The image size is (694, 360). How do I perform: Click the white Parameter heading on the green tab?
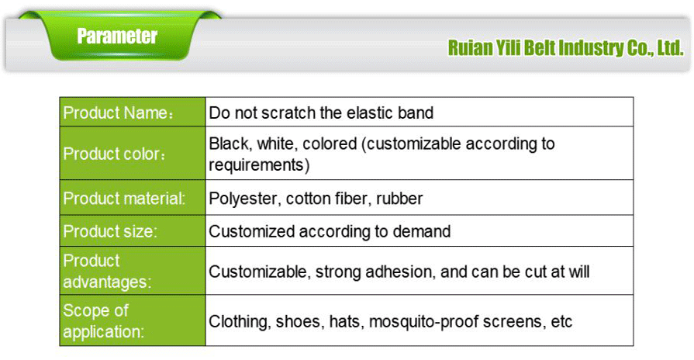117,36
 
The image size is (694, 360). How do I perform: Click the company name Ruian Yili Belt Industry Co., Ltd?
565,48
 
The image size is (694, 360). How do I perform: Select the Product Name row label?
117,113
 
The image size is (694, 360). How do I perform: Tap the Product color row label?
115,154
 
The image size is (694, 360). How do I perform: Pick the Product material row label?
124,199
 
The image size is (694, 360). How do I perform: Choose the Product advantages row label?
107,272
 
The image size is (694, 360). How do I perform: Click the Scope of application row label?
103,321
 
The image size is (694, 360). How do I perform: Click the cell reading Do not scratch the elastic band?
321,113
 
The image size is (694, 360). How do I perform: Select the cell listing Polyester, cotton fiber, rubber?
316,199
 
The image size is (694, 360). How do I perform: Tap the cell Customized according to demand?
330,231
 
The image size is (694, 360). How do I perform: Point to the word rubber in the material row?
400,199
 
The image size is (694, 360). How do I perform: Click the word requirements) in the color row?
259,164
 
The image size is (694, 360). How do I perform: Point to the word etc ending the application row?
561,321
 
